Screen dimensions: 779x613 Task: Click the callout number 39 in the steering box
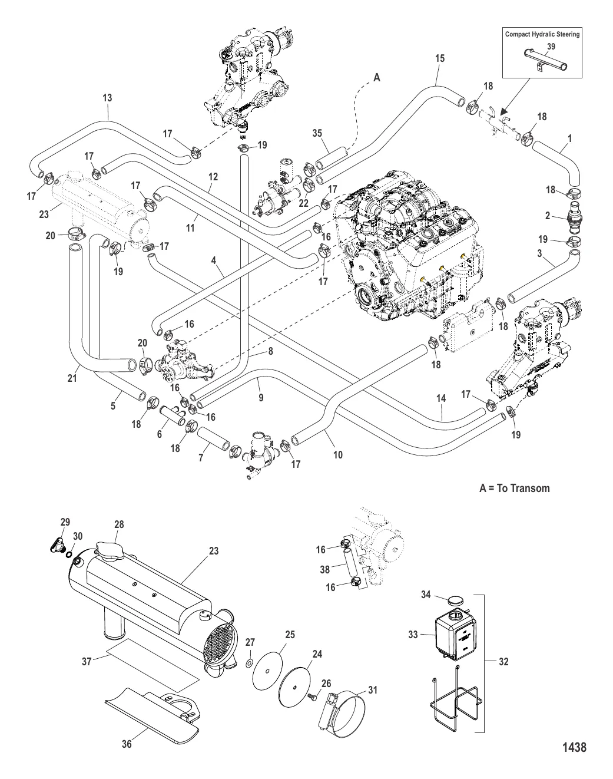550,46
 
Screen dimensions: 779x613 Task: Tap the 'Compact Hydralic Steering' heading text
542,34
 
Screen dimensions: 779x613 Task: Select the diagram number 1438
574,747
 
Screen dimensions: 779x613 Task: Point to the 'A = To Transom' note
514,488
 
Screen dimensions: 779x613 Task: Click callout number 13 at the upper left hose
107,98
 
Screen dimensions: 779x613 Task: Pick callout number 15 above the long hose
439,58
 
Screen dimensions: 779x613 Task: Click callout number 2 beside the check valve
548,216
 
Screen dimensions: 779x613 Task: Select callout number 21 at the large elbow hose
72,379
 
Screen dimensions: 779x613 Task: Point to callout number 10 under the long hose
337,455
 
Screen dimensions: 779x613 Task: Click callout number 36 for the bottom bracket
126,744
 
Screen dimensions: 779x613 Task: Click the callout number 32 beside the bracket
503,662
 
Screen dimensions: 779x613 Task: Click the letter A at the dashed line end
377,77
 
